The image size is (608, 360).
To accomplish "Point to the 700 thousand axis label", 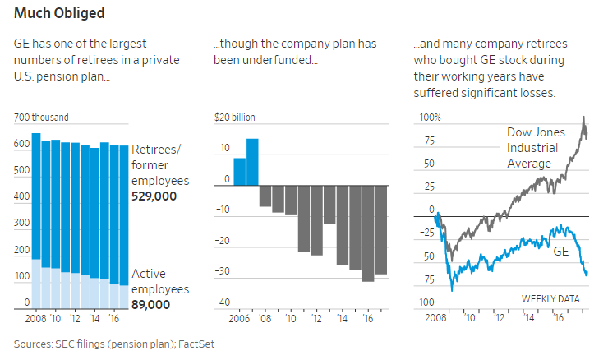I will point(42,118).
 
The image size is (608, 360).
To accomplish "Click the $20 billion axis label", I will point(234,118).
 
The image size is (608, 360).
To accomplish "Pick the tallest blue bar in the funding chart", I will point(252,162).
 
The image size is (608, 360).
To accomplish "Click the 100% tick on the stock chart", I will point(430,118).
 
